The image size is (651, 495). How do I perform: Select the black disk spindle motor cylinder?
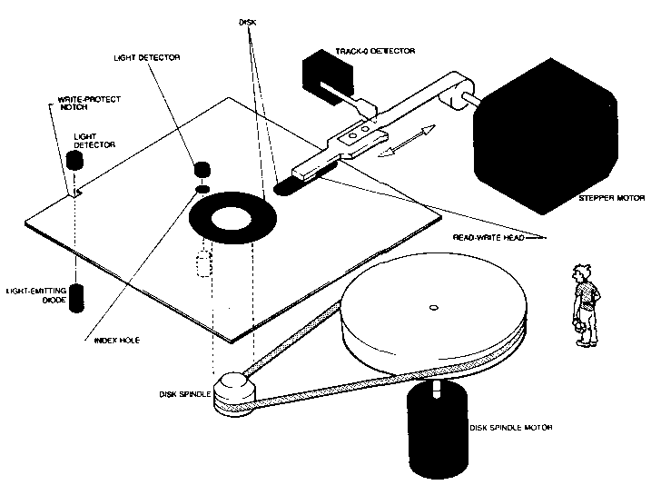(438, 427)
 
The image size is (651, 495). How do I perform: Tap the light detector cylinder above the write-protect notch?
(75, 161)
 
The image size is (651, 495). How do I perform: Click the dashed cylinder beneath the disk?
(202, 266)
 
